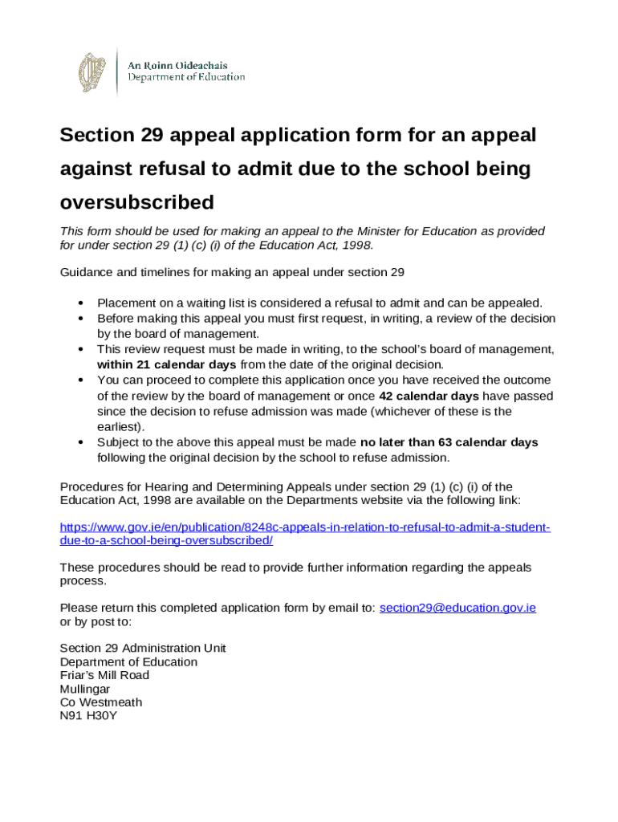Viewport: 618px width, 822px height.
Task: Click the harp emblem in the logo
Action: [91, 71]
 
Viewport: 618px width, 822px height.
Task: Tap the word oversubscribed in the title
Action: [137, 201]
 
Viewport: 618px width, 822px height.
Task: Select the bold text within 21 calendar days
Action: [166, 364]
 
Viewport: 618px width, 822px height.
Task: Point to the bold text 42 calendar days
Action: [429, 396]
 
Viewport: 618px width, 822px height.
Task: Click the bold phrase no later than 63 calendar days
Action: [449, 442]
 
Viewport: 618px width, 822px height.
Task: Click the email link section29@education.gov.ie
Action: [457, 608]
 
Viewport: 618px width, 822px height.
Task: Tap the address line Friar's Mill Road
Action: [104, 675]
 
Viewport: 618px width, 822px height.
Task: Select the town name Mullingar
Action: [85, 689]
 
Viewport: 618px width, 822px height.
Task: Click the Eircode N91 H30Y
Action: [88, 716]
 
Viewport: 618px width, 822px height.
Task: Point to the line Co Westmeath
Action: [101, 702]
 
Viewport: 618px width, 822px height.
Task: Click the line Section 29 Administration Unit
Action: [143, 648]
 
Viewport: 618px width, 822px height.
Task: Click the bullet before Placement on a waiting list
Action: [82, 303]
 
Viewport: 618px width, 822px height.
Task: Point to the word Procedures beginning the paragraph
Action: [91, 486]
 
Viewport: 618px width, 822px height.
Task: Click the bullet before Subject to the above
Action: [82, 443]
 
